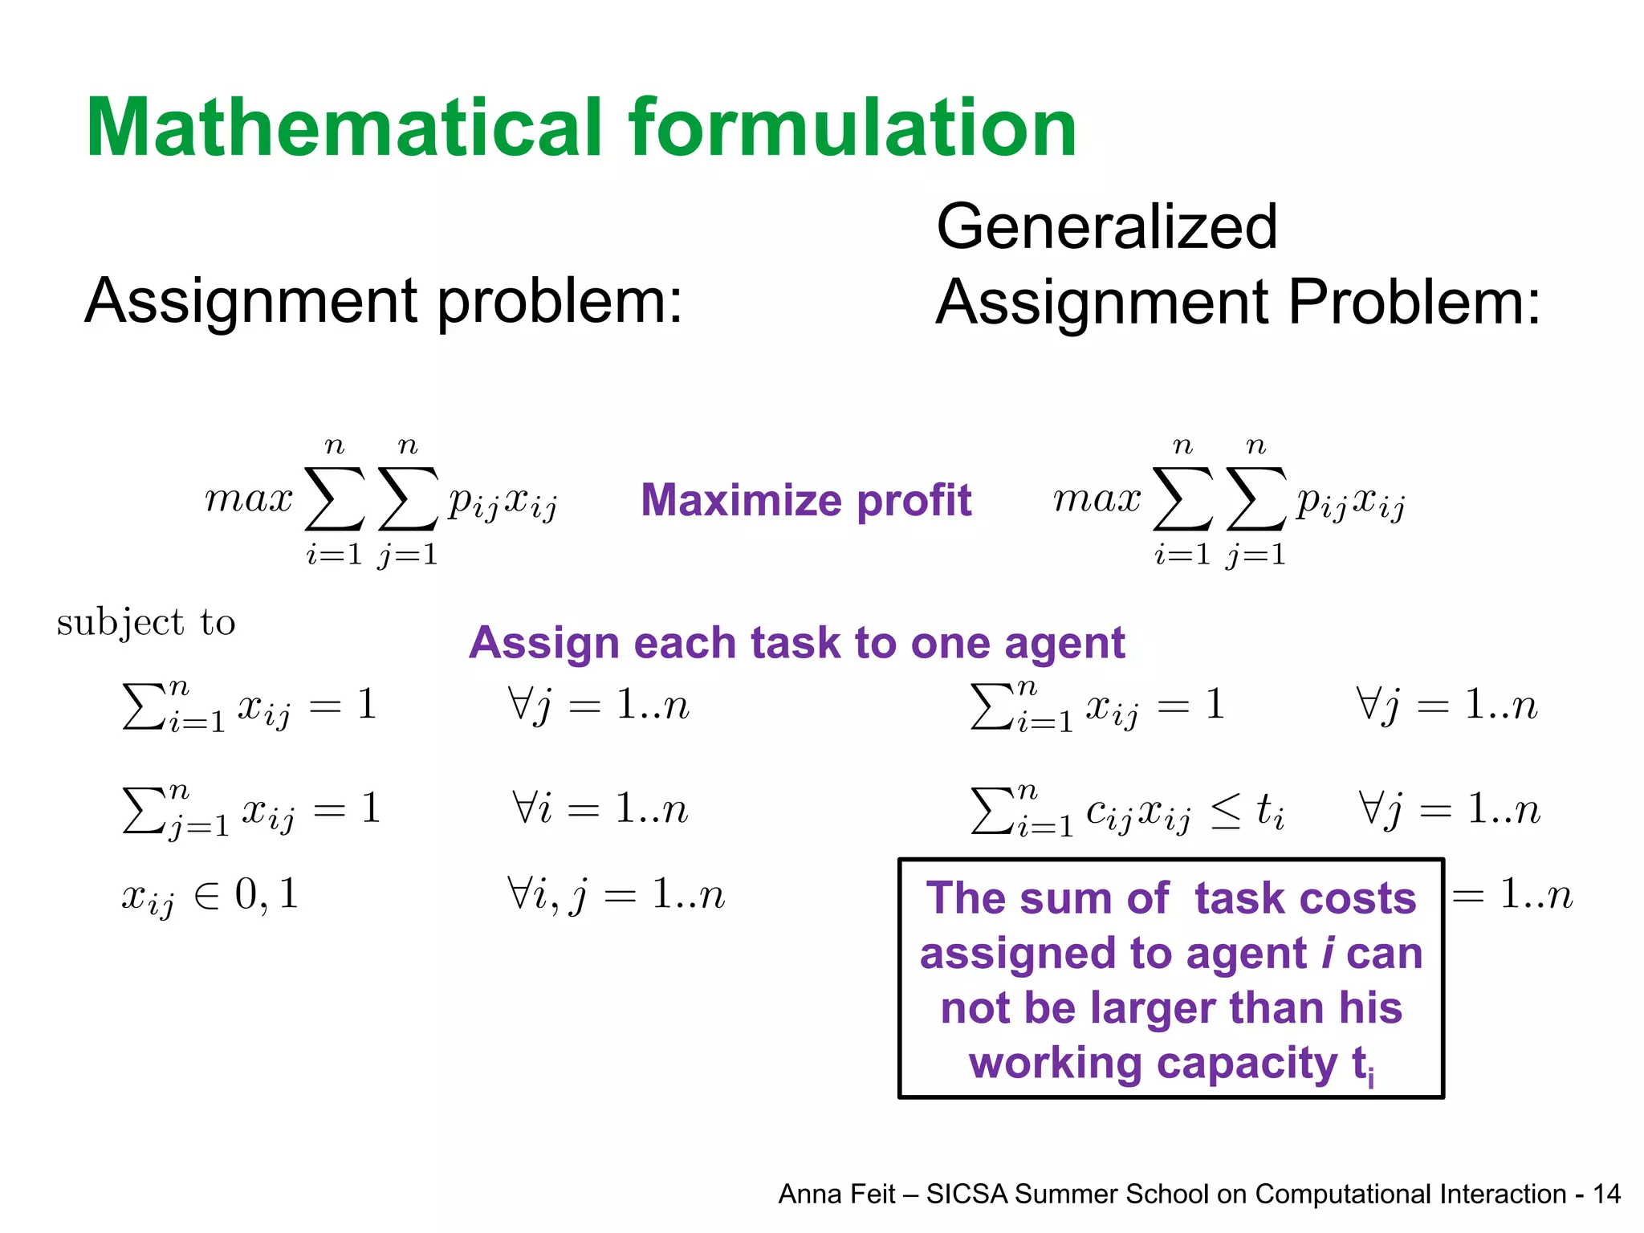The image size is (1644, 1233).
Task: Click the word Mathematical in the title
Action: coord(344,128)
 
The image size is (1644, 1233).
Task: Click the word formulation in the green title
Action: coord(853,128)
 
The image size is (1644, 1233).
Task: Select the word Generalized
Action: coord(1106,226)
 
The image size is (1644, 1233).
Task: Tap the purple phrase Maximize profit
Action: coord(806,500)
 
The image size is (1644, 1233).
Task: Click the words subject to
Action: coord(146,622)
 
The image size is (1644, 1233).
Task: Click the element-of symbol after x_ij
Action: coord(206,895)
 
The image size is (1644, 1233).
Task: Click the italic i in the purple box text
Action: coord(1328,954)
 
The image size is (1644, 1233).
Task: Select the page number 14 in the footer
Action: coord(1606,1194)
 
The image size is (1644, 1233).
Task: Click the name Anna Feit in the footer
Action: coord(836,1194)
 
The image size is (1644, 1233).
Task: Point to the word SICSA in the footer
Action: coord(966,1194)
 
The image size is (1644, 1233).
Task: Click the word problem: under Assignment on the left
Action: coord(560,302)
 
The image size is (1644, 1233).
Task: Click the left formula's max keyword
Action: coord(249,499)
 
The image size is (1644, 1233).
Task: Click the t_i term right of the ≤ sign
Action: coord(1269,810)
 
